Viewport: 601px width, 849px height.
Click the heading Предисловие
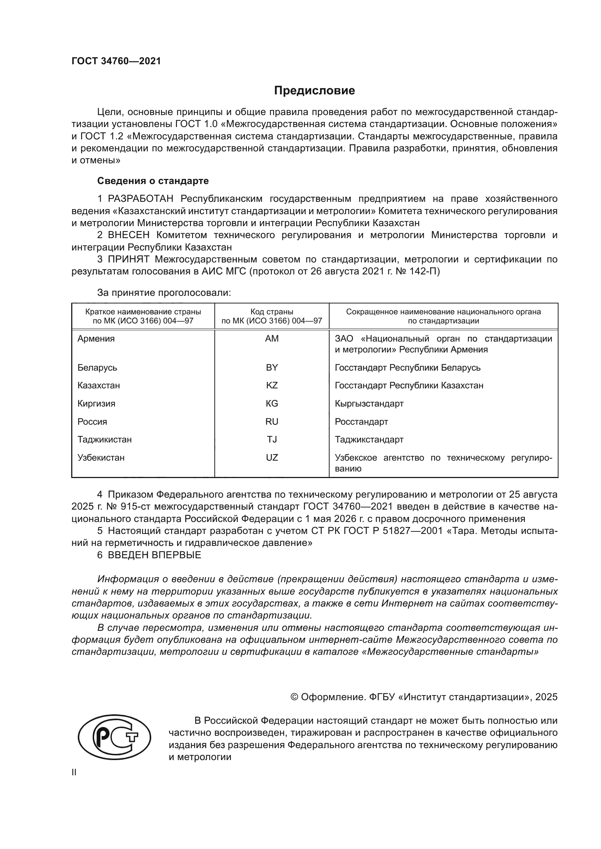(314, 91)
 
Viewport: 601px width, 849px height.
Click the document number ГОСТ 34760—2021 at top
(116, 61)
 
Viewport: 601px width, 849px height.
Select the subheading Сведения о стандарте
(153, 181)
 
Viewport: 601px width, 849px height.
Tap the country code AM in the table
(272, 339)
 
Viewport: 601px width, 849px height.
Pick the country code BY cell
(272, 368)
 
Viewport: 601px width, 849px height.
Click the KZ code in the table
(272, 385)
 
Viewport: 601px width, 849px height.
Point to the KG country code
(272, 403)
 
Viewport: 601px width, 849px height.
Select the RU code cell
(272, 421)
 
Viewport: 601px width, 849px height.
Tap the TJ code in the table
(272, 439)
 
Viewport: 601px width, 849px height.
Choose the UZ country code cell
(272, 457)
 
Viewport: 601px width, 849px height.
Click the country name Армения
(96, 339)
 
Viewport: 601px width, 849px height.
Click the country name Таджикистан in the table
(104, 439)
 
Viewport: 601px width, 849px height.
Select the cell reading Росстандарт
(361, 421)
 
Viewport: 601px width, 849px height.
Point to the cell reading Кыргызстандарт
(369, 403)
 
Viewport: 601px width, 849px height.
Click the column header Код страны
(272, 312)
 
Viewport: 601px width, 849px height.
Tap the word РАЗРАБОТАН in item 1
(141, 199)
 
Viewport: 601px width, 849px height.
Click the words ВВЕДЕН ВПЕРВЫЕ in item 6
(154, 555)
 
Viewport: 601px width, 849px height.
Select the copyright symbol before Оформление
(294, 697)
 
